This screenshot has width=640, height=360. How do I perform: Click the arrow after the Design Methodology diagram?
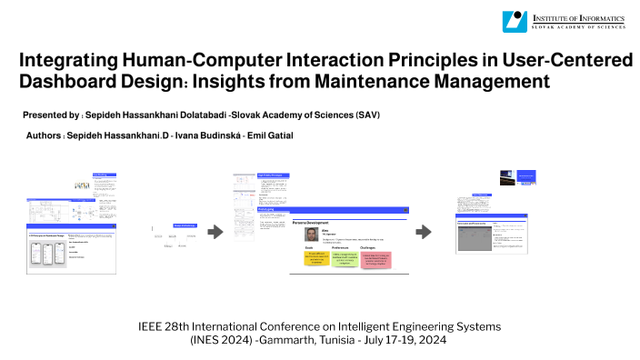click(215, 232)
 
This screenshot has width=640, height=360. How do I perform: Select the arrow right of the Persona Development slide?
click(423, 232)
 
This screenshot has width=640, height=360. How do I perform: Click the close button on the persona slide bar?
click(405, 210)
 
